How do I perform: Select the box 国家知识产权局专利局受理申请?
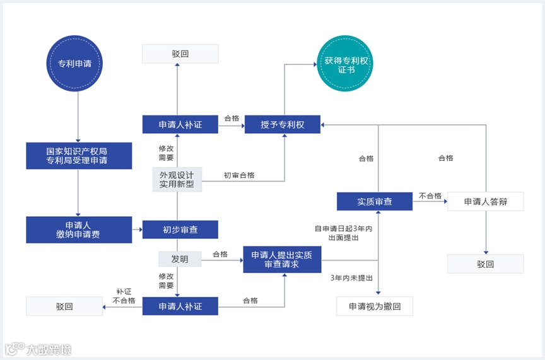pos(79,156)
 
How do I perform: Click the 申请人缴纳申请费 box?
pos(79,229)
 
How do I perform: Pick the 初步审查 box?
pos(180,229)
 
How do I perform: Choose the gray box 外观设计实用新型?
pos(177,178)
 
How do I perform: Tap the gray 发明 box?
pos(180,258)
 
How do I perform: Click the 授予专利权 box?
pos(283,125)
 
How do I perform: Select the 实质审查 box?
pos(375,201)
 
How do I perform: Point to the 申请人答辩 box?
pos(485,201)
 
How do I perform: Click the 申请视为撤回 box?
pos(375,306)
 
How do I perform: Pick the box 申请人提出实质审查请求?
pos(283,259)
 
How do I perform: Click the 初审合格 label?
pos(239,175)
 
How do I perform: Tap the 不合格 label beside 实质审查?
pos(430,196)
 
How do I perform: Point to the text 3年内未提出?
pos(351,278)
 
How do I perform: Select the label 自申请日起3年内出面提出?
pos(344,233)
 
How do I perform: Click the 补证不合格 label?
pos(124,296)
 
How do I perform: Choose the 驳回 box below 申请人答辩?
pos(485,264)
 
